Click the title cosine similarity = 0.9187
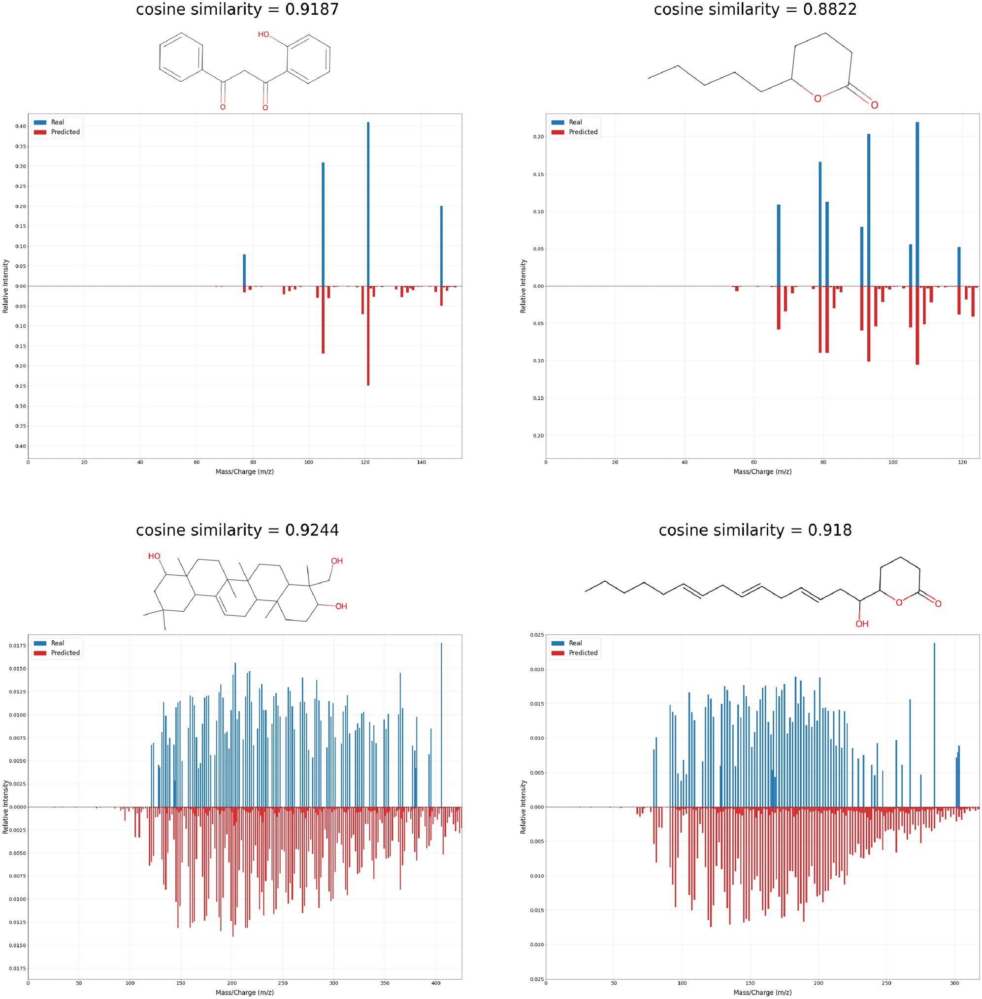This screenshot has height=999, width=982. coord(237,9)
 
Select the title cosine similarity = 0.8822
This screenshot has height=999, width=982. coord(755,9)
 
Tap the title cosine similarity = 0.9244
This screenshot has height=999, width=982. coord(237,530)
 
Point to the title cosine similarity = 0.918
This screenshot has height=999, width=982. coord(755,530)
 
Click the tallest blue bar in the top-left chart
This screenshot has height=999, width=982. coord(368,206)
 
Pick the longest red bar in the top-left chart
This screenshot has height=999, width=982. coord(368,335)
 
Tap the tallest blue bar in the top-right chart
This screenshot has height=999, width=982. coord(917,206)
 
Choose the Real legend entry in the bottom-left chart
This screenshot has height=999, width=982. coord(57,643)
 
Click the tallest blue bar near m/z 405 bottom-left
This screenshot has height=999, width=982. coord(441,721)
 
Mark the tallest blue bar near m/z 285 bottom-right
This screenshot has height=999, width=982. coord(935,721)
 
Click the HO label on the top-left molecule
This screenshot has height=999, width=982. coord(263,34)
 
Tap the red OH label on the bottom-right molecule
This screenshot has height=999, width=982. coord(862,624)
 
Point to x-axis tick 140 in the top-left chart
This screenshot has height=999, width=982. coord(422,463)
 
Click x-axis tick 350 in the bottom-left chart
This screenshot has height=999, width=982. coord(385,983)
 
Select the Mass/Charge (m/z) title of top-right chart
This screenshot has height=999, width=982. coord(762,471)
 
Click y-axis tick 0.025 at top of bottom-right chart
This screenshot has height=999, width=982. coord(536,634)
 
